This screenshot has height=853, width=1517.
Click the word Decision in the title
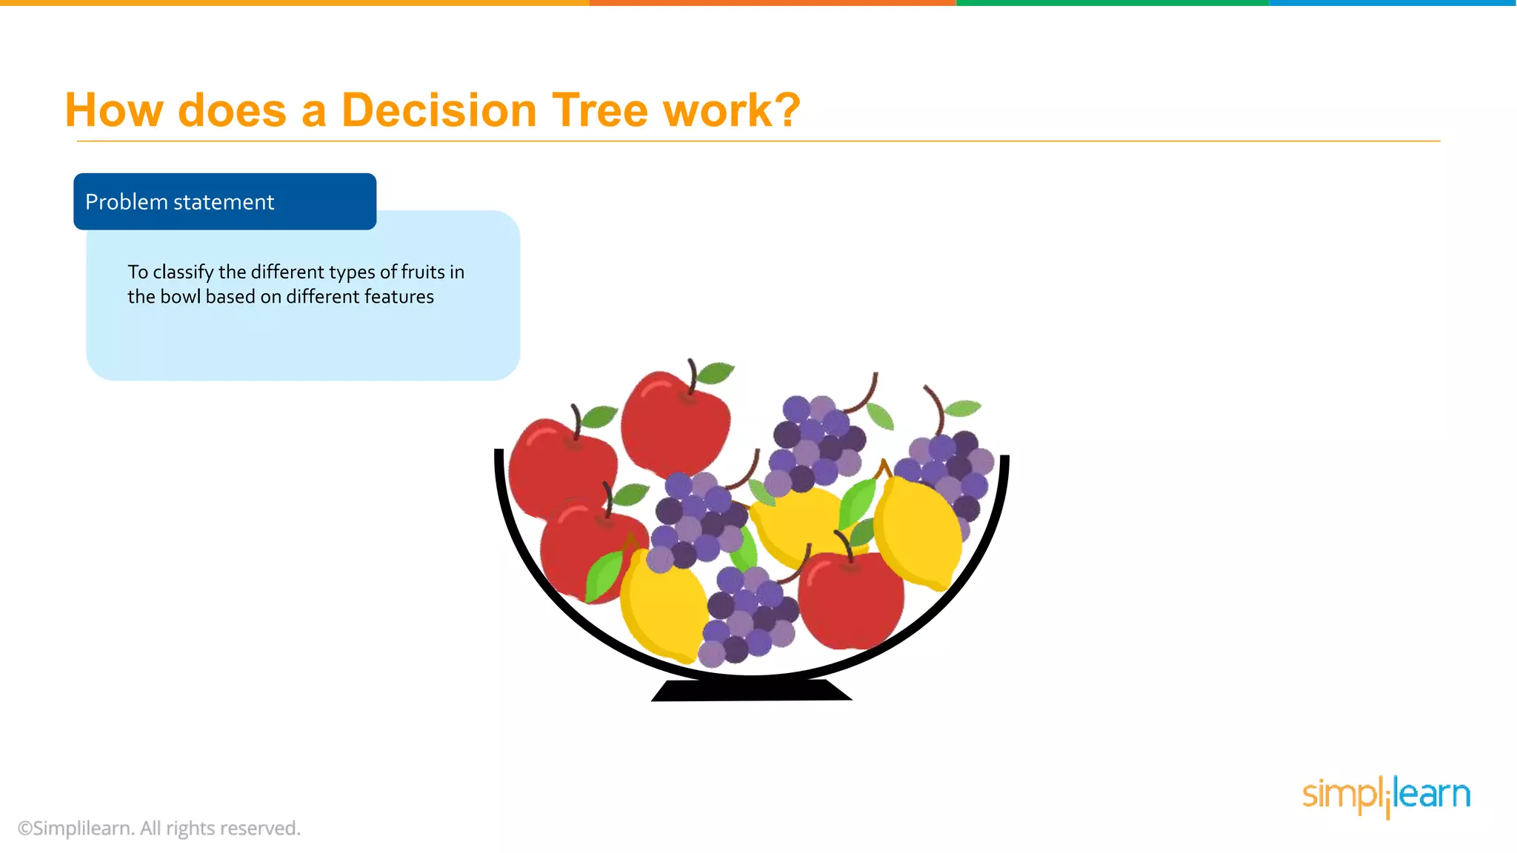(439, 111)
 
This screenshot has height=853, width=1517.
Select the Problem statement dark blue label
(224, 201)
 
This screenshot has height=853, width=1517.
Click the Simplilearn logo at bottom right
(1386, 796)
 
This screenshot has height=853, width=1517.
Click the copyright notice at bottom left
(159, 828)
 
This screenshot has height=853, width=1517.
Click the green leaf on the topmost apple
(716, 372)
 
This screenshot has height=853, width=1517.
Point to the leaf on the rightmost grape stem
(963, 407)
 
